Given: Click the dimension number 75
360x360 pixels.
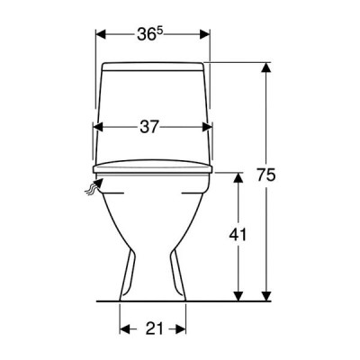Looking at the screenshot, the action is click(x=265, y=175).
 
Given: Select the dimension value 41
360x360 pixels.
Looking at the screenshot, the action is click(x=238, y=235).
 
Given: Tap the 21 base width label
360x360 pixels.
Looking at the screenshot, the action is click(x=155, y=328).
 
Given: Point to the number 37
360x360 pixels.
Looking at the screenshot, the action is click(x=148, y=127).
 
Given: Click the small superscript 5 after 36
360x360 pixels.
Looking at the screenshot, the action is click(x=159, y=31).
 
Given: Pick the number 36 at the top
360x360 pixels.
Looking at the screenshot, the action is click(x=147, y=35).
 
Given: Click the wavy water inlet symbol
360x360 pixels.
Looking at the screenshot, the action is click(x=94, y=187).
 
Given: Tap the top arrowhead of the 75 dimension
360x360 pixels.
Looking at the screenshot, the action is click(x=265, y=67).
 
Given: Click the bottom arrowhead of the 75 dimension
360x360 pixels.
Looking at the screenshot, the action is click(x=265, y=296).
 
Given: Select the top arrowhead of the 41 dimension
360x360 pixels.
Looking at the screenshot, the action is click(x=238, y=177).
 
